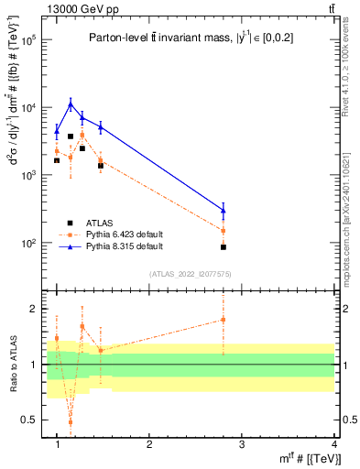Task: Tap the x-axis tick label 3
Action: point(241,445)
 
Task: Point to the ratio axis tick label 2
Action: point(33,310)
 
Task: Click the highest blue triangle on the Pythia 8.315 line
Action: point(71,104)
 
